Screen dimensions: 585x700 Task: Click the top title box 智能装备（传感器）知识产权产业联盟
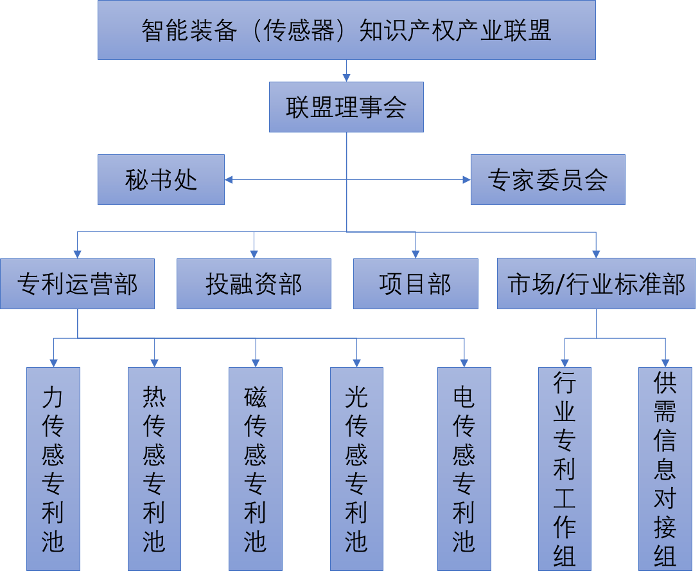point(347,30)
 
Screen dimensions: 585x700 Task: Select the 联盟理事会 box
point(346,107)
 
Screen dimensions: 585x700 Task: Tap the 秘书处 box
point(161,180)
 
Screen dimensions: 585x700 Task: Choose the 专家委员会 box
point(548,180)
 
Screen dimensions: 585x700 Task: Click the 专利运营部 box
point(77,283)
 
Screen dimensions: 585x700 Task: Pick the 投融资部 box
point(254,283)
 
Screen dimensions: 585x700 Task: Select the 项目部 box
point(416,283)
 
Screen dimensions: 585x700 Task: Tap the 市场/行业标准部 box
point(596,283)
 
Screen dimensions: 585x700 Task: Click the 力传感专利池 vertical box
point(53,469)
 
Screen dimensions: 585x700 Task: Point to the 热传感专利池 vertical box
point(154,469)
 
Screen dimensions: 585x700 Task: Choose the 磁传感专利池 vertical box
point(256,469)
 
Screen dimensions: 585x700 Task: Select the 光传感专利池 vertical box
point(356,469)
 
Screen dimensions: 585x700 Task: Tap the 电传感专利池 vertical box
point(464,469)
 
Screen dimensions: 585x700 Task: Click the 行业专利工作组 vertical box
point(564,469)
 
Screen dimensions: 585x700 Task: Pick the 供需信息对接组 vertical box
point(665,469)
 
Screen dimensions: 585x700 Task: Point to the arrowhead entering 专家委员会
point(466,180)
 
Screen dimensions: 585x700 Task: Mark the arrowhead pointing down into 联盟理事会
point(346,78)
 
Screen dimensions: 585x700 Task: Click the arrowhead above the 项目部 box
point(416,254)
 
